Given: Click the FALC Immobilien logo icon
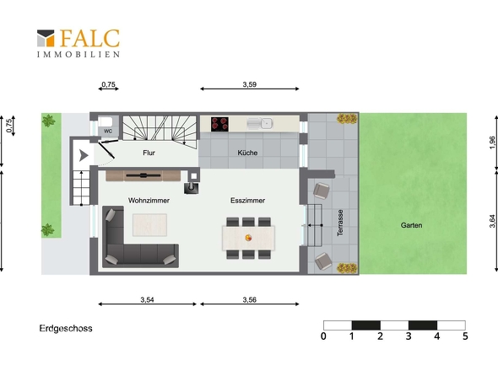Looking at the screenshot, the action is (46, 38).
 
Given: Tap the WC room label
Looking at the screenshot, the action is (108, 131).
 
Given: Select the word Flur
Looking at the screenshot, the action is (149, 153).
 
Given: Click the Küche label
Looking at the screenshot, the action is (247, 153).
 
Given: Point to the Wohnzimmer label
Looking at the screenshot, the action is (149, 201).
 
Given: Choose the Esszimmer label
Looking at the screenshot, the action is (247, 201).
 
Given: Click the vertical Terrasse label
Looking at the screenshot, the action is (340, 223).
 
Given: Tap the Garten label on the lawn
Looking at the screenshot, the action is (411, 225).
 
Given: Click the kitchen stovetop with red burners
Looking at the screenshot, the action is (219, 124).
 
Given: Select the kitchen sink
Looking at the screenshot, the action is (260, 123).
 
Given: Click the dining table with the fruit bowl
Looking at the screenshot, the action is (249, 238).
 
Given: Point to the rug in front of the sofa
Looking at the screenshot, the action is (149, 225).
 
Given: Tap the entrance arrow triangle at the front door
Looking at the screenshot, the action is (84, 155).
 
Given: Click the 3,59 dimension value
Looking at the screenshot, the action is (250, 84).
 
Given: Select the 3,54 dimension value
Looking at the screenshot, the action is (148, 299).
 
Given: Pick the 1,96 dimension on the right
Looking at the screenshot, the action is (492, 142).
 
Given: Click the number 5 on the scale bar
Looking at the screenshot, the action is (465, 336).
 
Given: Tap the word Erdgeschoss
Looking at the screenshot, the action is (66, 329).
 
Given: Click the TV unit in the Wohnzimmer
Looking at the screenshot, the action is (143, 175).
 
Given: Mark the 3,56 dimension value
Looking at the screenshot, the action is (250, 299).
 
